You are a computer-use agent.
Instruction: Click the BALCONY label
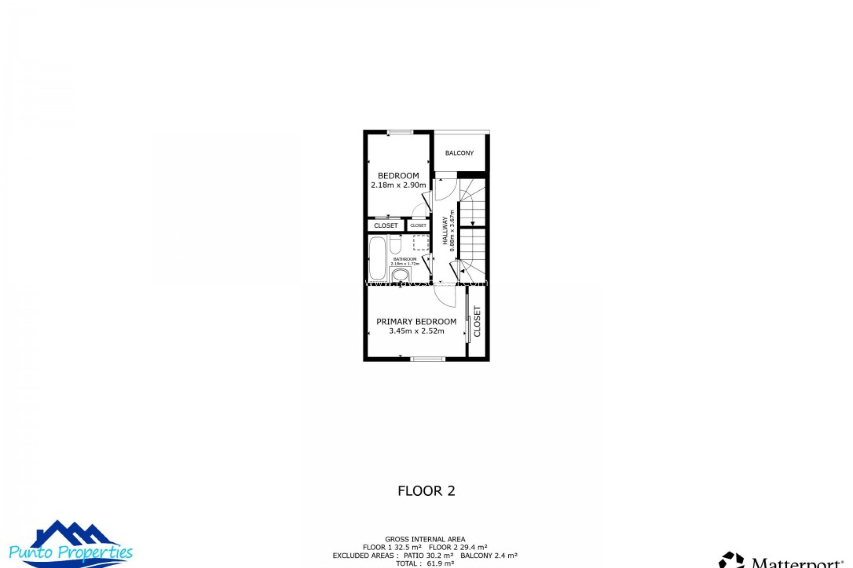[459, 153]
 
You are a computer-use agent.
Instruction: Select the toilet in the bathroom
[395, 244]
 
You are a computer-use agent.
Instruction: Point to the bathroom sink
[401, 275]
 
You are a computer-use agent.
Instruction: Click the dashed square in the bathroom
[420, 243]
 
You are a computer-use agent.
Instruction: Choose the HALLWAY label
[445, 231]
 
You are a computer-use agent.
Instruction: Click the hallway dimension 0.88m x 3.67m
[452, 231]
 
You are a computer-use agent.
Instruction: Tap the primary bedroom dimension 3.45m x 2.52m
[416, 331]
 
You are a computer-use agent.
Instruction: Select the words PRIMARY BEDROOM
[416, 322]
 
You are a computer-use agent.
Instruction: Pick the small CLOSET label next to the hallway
[418, 225]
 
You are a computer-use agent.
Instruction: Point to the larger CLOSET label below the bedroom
[386, 225]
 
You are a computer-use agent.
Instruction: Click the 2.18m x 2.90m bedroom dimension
[398, 185]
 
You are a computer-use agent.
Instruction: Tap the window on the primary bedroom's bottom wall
[427, 359]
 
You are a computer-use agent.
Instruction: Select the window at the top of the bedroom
[400, 132]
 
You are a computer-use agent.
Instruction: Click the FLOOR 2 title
[426, 491]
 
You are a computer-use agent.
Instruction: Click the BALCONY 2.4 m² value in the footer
[489, 556]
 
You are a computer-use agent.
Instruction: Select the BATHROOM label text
[405, 259]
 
